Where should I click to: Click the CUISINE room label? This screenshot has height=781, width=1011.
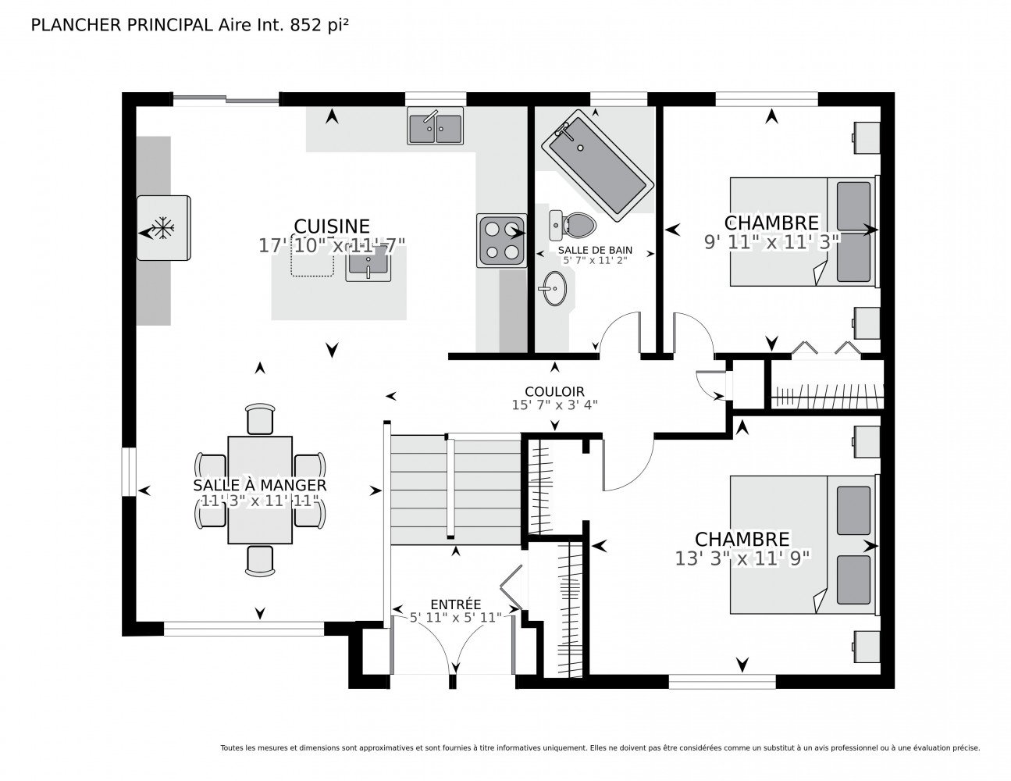[x=331, y=226]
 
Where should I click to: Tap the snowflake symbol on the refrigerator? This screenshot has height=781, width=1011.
[x=163, y=228]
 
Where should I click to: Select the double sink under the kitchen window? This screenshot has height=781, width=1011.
[x=435, y=125]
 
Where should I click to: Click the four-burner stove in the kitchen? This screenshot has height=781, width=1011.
[x=501, y=241]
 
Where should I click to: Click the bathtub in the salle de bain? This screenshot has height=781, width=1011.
[x=597, y=166]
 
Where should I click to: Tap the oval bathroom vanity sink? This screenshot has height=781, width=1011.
[x=554, y=288]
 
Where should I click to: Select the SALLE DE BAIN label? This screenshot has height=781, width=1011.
[x=595, y=251]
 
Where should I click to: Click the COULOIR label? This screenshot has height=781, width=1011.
[x=554, y=391]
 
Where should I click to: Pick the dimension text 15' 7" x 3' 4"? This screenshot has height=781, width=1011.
[x=554, y=405]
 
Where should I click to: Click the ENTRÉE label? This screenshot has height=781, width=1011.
[x=455, y=604]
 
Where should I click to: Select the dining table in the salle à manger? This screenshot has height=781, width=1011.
[x=260, y=490]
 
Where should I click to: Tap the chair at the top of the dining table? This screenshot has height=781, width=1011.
[x=260, y=419]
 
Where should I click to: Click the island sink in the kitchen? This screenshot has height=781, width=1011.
[x=368, y=264]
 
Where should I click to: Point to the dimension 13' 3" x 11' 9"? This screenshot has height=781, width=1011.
[x=742, y=558]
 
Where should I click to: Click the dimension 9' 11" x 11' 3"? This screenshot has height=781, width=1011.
[x=771, y=242]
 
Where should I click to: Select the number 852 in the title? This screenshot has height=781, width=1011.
[x=306, y=25]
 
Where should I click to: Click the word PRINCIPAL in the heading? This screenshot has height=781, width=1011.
[x=170, y=25]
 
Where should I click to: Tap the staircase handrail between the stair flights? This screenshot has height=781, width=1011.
[x=450, y=487]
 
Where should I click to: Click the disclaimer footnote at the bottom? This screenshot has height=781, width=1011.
[x=600, y=748]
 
